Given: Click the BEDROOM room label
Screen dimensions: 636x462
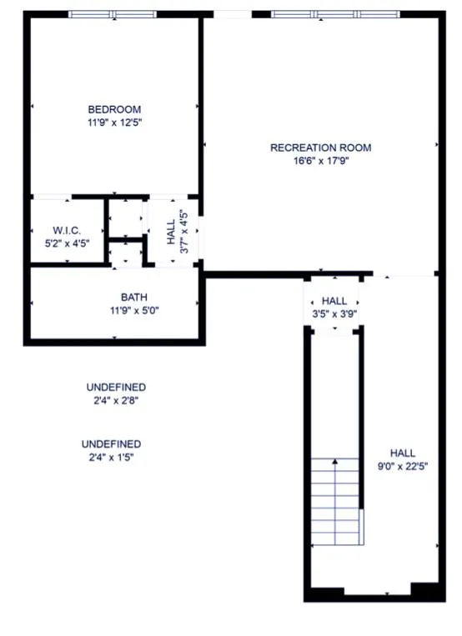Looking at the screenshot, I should (114, 109).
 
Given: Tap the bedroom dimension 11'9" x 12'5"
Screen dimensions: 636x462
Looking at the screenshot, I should (114, 123).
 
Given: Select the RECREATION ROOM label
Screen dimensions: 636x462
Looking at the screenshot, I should (320, 148).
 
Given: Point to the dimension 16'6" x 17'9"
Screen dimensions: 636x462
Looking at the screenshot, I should (320, 162).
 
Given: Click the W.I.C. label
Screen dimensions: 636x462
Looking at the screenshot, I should (66, 230).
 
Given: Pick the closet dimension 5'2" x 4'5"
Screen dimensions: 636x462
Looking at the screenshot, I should (66, 243).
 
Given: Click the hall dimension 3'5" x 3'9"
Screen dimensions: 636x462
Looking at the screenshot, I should (334, 314).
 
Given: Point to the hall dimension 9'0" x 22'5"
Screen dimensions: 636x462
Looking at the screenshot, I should (402, 466).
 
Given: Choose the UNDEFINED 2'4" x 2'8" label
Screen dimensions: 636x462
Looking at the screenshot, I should (116, 393).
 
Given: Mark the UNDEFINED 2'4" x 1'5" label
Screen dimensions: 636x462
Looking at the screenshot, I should (111, 450).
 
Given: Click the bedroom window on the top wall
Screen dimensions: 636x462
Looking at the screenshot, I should (112, 14).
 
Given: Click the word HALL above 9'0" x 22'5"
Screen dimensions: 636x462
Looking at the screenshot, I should (402, 453).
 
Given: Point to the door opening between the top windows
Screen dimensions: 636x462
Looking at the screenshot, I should (233, 14).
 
